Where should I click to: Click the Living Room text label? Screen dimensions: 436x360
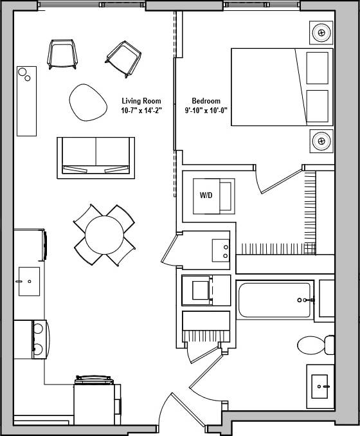pyautogui.click(x=141, y=101)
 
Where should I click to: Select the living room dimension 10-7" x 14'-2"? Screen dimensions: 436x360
pyautogui.click(x=141, y=111)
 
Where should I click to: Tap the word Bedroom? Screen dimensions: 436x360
pyautogui.click(x=206, y=101)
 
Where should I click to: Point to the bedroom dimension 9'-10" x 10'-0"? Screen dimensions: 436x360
pyautogui.click(x=206, y=111)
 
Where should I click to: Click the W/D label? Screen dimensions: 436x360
pyautogui.click(x=206, y=195)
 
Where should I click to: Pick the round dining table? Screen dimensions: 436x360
pyautogui.click(x=104, y=235)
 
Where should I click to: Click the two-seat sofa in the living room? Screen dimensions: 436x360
pyautogui.click(x=95, y=157)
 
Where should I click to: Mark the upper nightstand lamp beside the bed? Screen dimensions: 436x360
pyautogui.click(x=321, y=32)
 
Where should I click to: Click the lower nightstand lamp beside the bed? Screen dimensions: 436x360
pyautogui.click(x=321, y=140)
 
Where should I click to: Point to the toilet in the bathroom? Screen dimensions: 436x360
pyautogui.click(x=314, y=345)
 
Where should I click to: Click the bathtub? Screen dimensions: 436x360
pyautogui.click(x=276, y=300)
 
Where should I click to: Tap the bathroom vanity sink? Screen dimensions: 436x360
pyautogui.click(x=319, y=386)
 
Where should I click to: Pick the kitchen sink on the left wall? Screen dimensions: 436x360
pyautogui.click(x=29, y=282)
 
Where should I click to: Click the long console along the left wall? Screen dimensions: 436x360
pyautogui.click(x=26, y=101)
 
